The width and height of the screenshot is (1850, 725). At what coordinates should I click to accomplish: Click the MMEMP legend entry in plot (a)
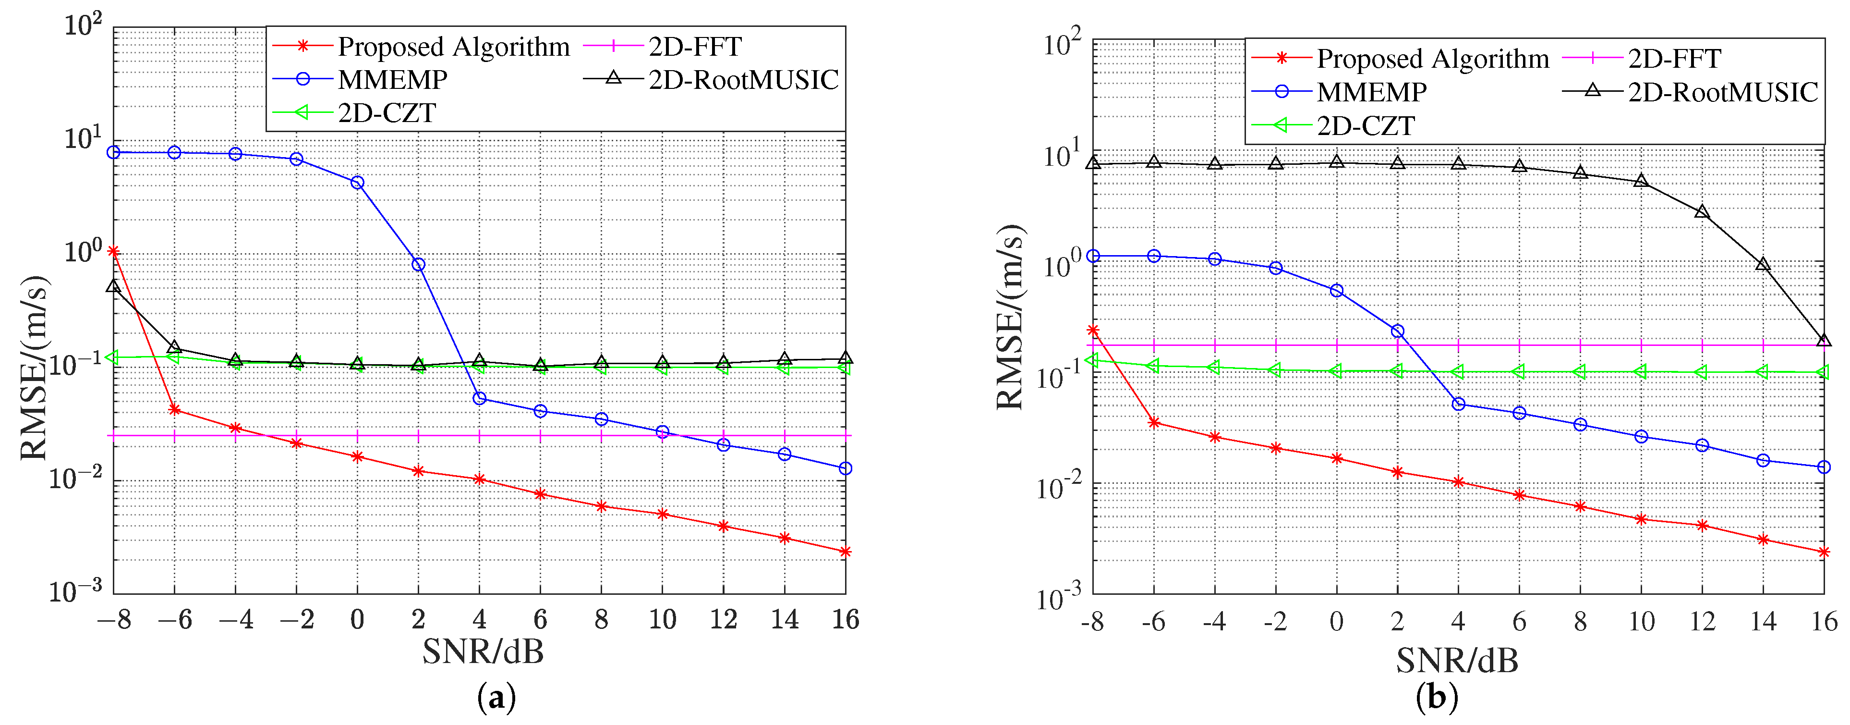392,80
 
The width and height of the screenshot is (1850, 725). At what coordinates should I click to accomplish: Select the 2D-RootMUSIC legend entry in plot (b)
1722,92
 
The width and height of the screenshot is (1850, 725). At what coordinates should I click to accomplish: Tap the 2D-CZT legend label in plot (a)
387,113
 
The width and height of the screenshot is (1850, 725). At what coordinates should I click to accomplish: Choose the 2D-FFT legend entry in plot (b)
1674,58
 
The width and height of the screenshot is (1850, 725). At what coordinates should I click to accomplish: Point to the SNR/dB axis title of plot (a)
483,651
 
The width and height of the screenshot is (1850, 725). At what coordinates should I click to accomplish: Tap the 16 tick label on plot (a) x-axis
845,619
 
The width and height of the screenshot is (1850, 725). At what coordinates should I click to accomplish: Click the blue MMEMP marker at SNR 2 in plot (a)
418,264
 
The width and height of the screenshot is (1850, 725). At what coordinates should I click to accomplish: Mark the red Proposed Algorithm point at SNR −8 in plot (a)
113,251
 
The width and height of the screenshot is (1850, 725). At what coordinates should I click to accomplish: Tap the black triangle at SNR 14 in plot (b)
1763,264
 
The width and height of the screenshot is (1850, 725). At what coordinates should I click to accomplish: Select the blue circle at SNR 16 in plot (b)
1824,467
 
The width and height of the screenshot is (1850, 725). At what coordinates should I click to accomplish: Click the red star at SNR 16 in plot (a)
845,552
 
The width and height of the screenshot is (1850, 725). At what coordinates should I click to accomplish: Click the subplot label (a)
496,698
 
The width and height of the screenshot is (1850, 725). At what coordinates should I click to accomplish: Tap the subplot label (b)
1436,698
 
